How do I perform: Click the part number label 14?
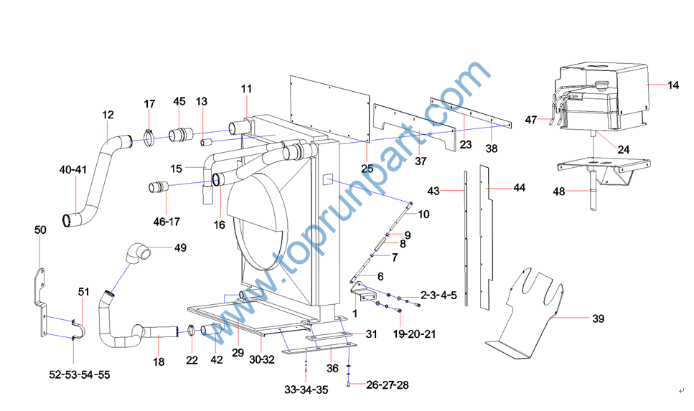(672, 85)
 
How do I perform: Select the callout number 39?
(598, 318)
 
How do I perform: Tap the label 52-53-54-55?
(80, 374)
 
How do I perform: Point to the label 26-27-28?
(388, 385)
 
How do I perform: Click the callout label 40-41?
(73, 169)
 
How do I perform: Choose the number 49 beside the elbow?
(180, 247)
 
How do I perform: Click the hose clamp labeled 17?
(149, 136)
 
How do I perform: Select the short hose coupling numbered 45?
(181, 133)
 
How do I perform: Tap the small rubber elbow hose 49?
(137, 252)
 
